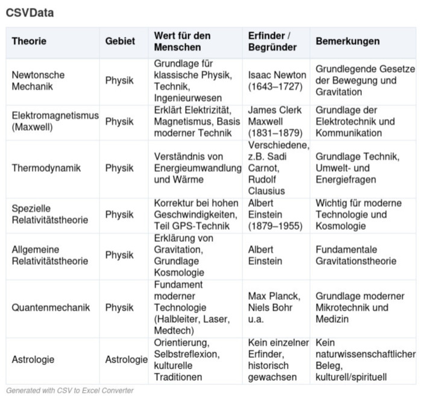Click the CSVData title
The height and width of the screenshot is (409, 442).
[30, 13]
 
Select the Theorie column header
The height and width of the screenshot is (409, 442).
[29, 42]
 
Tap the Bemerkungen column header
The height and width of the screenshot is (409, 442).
[347, 42]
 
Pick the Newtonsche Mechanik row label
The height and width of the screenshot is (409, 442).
[38, 81]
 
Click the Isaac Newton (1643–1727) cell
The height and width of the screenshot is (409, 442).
[277, 81]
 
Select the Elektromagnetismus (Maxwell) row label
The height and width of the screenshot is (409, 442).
[55, 122]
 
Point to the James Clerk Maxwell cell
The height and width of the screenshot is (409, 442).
[274, 122]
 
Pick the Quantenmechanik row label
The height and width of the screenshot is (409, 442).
[51, 308]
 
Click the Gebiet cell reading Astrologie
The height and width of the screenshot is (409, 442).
[126, 360]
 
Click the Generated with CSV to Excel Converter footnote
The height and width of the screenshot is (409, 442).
[69, 391]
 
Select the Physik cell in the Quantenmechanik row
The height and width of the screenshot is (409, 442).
[119, 308]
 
